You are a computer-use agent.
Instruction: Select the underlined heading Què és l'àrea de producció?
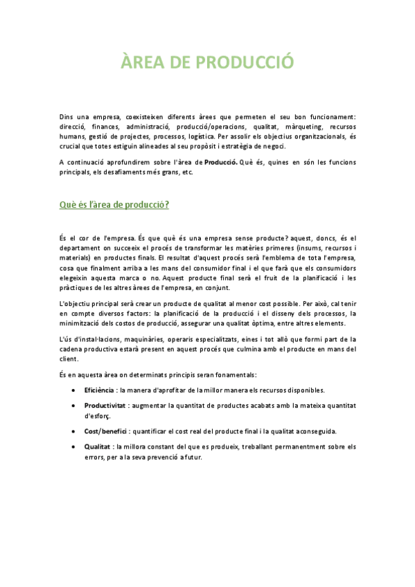pos(114,205)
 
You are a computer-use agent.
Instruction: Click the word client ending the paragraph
pos(69,359)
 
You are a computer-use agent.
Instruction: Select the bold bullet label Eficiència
pos(99,390)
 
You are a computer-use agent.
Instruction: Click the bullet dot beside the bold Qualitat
pos(74,447)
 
